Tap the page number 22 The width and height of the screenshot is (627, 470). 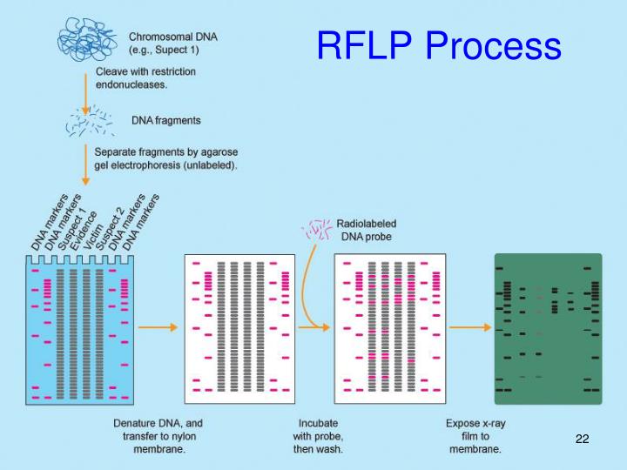coord(583,439)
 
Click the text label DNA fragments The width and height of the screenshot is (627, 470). coord(165,120)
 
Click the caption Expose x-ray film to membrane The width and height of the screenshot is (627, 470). coord(474,436)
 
